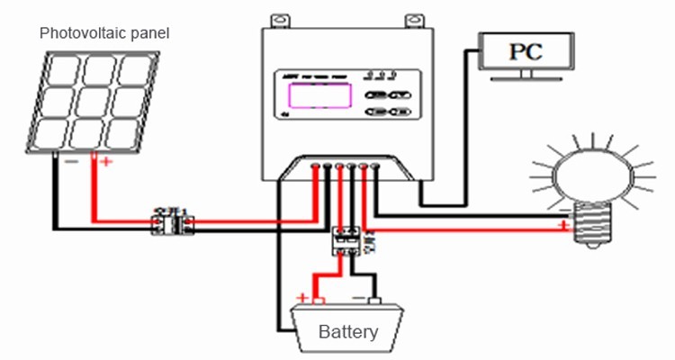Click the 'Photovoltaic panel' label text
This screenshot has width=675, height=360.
[x=104, y=33]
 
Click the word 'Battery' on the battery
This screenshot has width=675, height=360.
[x=348, y=331]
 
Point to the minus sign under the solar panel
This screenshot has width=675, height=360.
[x=69, y=162]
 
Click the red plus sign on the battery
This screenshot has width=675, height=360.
[x=303, y=297]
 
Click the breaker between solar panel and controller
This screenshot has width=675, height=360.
[x=170, y=222]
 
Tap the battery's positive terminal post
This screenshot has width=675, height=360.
[x=319, y=301]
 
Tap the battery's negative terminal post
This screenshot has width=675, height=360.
[x=373, y=301]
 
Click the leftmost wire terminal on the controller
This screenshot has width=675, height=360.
[x=314, y=166]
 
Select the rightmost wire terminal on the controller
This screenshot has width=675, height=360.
[x=375, y=166]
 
